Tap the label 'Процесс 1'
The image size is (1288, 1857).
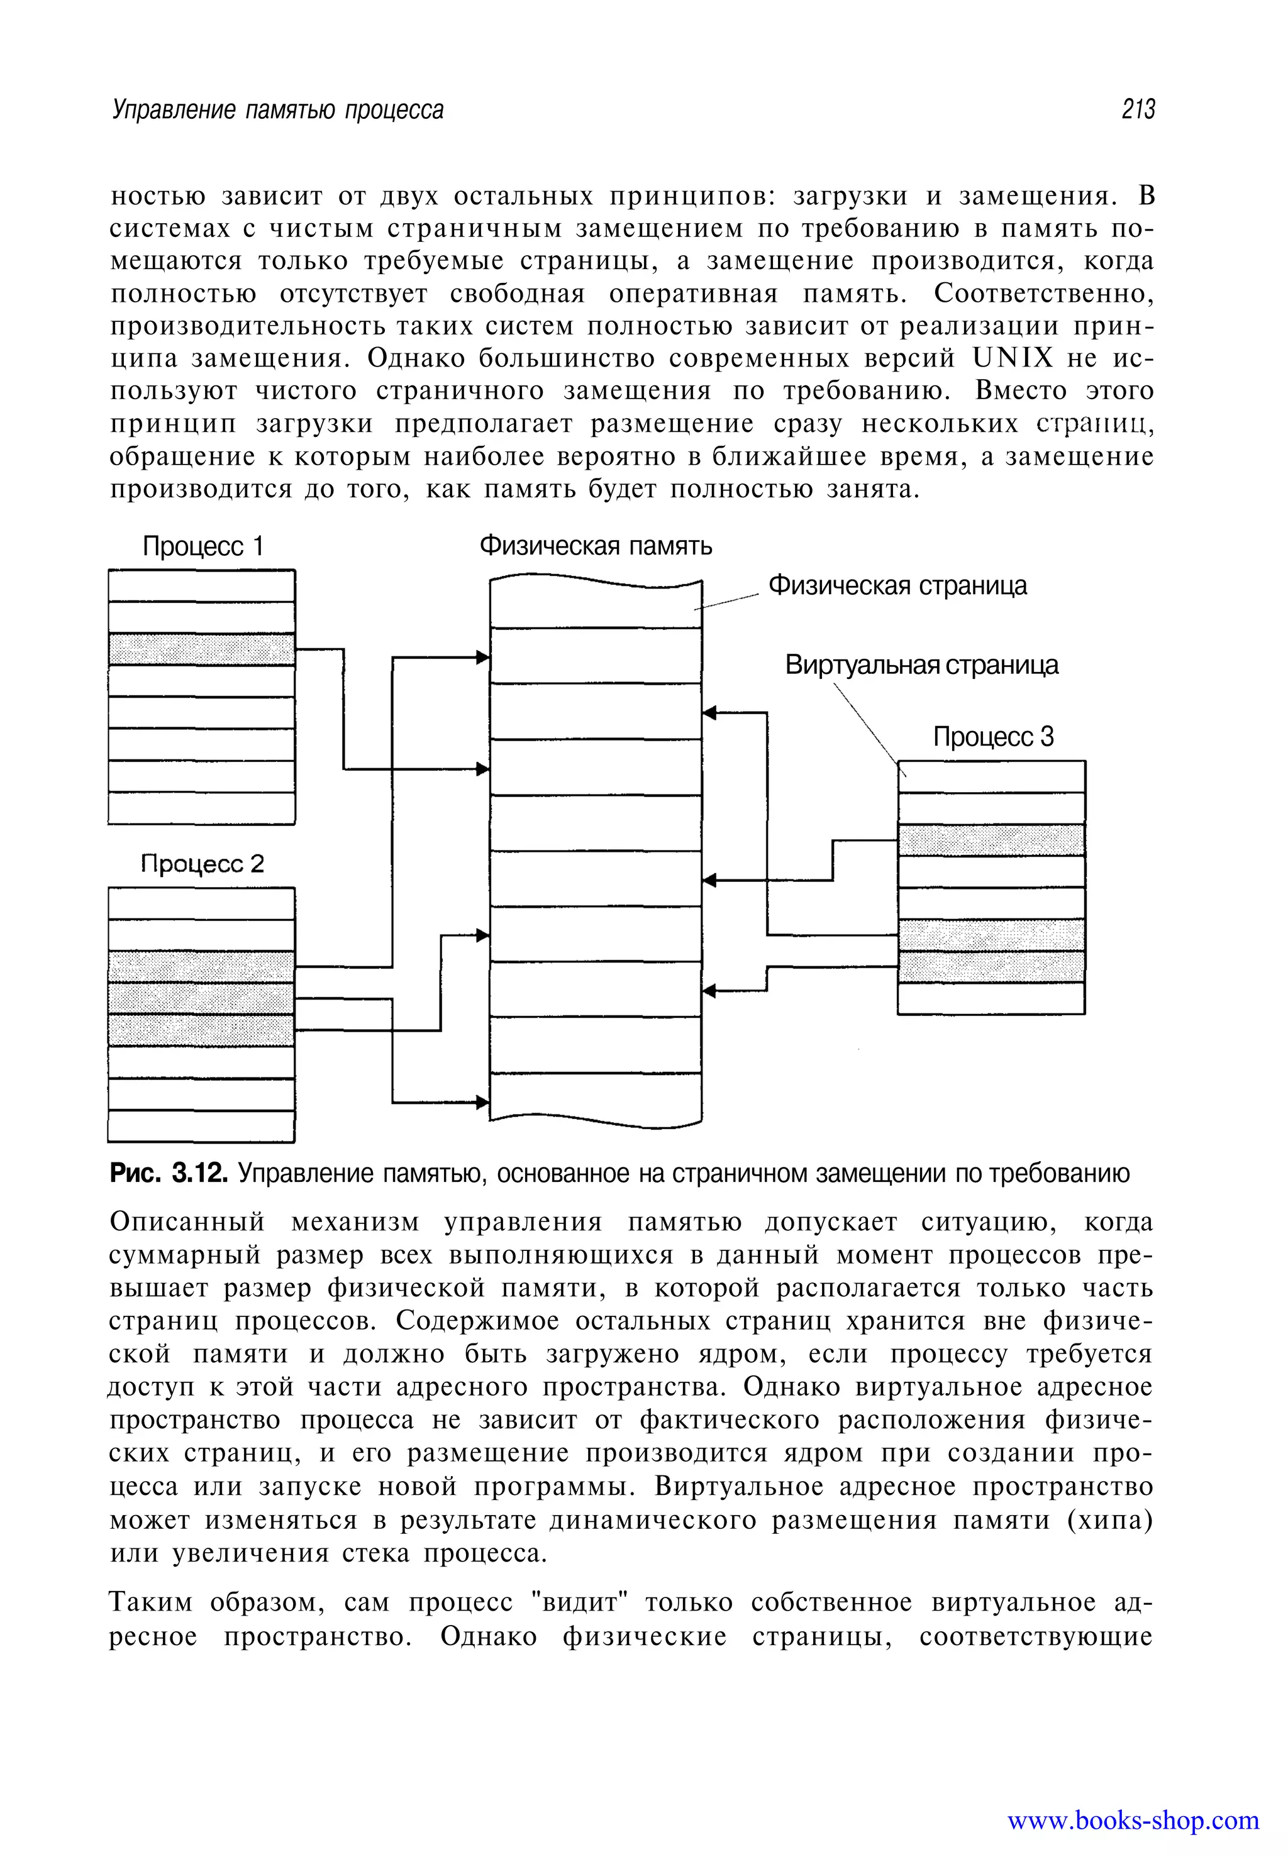[203, 547]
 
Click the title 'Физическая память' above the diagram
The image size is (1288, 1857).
[596, 546]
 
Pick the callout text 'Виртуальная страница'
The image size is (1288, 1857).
[921, 664]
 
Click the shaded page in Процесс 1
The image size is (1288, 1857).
[201, 649]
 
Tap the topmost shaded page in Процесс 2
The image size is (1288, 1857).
[201, 966]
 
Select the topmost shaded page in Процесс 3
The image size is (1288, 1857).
[991, 840]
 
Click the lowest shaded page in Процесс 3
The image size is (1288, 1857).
[991, 966]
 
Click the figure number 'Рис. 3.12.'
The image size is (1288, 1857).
[169, 1173]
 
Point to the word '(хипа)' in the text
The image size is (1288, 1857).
[1109, 1520]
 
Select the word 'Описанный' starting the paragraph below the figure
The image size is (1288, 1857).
[187, 1222]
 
